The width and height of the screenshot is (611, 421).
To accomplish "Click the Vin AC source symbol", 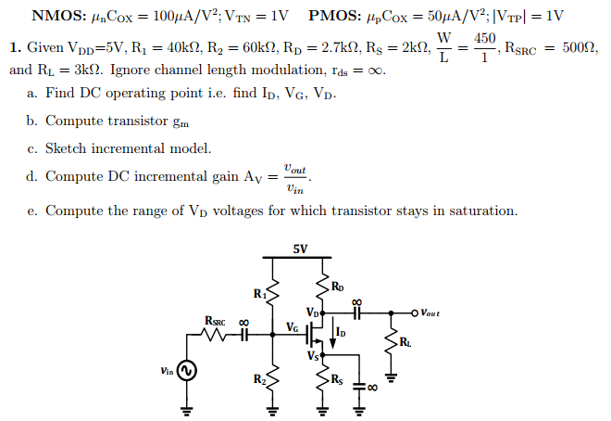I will tap(186, 371).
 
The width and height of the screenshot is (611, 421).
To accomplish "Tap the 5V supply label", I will tap(299, 249).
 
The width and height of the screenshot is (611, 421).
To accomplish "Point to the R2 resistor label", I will tap(260, 379).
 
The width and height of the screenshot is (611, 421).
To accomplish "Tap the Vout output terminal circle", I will tap(413, 313).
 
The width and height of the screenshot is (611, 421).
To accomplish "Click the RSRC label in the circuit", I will tap(215, 321).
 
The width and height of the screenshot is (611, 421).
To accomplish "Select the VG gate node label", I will tap(293, 326).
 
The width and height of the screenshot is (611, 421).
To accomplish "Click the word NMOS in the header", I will tap(57, 16).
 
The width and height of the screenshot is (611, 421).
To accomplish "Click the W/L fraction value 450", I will tap(485, 38).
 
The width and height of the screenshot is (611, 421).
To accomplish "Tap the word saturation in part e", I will tap(478, 210).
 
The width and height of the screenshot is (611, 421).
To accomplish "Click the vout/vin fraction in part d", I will tap(294, 177).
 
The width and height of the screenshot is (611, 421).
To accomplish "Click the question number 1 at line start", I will tap(14, 47).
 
